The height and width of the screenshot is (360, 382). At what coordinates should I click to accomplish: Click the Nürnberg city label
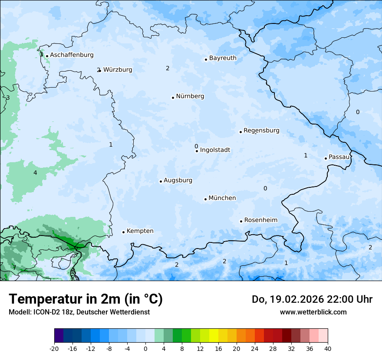(x=190, y=96)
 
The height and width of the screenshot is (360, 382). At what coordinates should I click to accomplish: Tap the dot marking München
(x=205, y=199)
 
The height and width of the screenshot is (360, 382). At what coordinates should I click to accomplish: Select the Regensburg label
(x=261, y=131)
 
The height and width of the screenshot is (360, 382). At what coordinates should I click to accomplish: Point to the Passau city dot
(x=326, y=158)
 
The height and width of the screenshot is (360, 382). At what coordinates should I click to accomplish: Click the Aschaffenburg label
(x=72, y=55)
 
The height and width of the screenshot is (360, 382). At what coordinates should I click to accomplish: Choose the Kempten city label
(x=140, y=231)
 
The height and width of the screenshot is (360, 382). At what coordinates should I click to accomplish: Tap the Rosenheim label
(x=260, y=220)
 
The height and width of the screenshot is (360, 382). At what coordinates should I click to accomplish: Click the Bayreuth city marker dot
(x=206, y=59)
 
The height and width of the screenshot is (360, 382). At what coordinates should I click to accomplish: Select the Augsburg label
(x=178, y=180)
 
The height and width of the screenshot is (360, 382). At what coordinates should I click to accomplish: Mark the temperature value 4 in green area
(x=35, y=173)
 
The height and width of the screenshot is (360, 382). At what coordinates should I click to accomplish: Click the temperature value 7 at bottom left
(x=14, y=268)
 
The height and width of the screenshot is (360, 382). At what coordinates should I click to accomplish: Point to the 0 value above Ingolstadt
(x=196, y=146)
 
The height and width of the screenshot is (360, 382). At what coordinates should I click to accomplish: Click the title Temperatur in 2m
(x=86, y=299)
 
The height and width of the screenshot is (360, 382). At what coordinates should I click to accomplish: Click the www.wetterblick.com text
(x=313, y=312)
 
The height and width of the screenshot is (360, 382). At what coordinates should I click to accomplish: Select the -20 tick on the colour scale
(x=54, y=348)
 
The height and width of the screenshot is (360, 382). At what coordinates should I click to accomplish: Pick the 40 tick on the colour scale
(x=328, y=348)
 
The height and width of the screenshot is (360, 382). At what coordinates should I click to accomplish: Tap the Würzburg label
(x=118, y=70)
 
